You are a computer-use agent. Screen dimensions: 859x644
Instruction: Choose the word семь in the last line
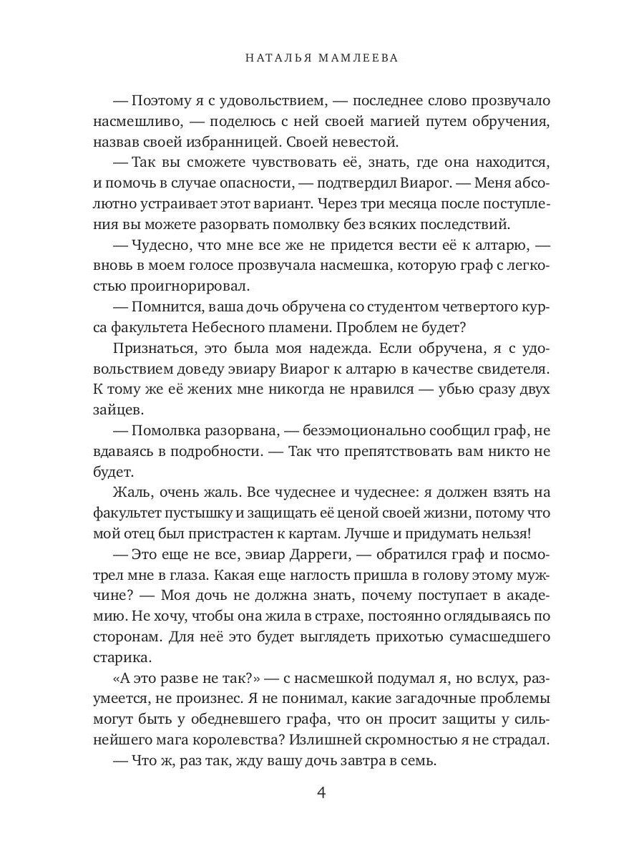point(419,761)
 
